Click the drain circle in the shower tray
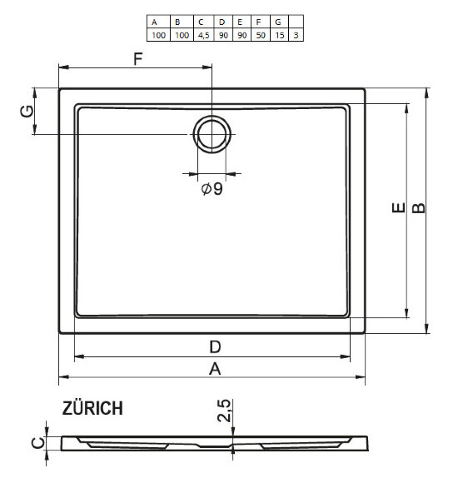coord(212,134)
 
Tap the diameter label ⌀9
coord(212,190)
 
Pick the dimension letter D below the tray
coord(214,346)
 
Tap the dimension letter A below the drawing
coord(214,369)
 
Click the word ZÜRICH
coord(92,408)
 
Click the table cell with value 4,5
coord(202,35)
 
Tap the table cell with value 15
coord(281,35)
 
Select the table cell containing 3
coord(296,35)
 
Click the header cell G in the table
coord(281,22)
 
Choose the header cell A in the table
coord(156,22)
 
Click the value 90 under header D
coord(223,35)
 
